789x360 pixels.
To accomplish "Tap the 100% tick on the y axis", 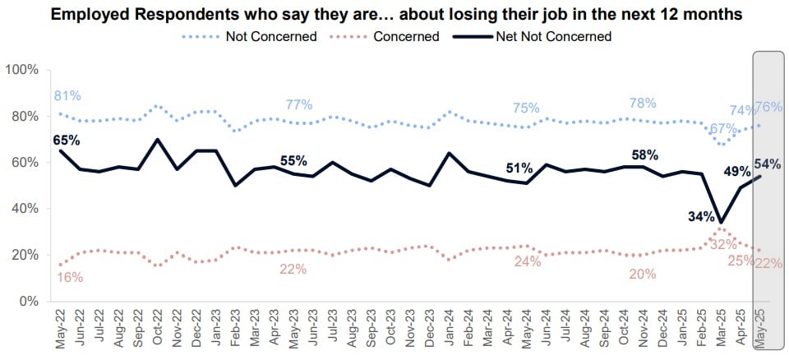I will (21, 70).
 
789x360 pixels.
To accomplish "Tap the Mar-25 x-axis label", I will (722, 328).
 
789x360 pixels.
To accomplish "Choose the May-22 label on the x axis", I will (60, 328).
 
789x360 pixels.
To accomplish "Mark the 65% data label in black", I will (67, 140).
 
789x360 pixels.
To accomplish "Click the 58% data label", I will (643, 155).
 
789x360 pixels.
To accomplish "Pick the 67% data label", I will (723, 129).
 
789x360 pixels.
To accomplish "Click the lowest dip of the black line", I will (721, 222).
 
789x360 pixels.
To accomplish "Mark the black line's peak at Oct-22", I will (157, 139).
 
